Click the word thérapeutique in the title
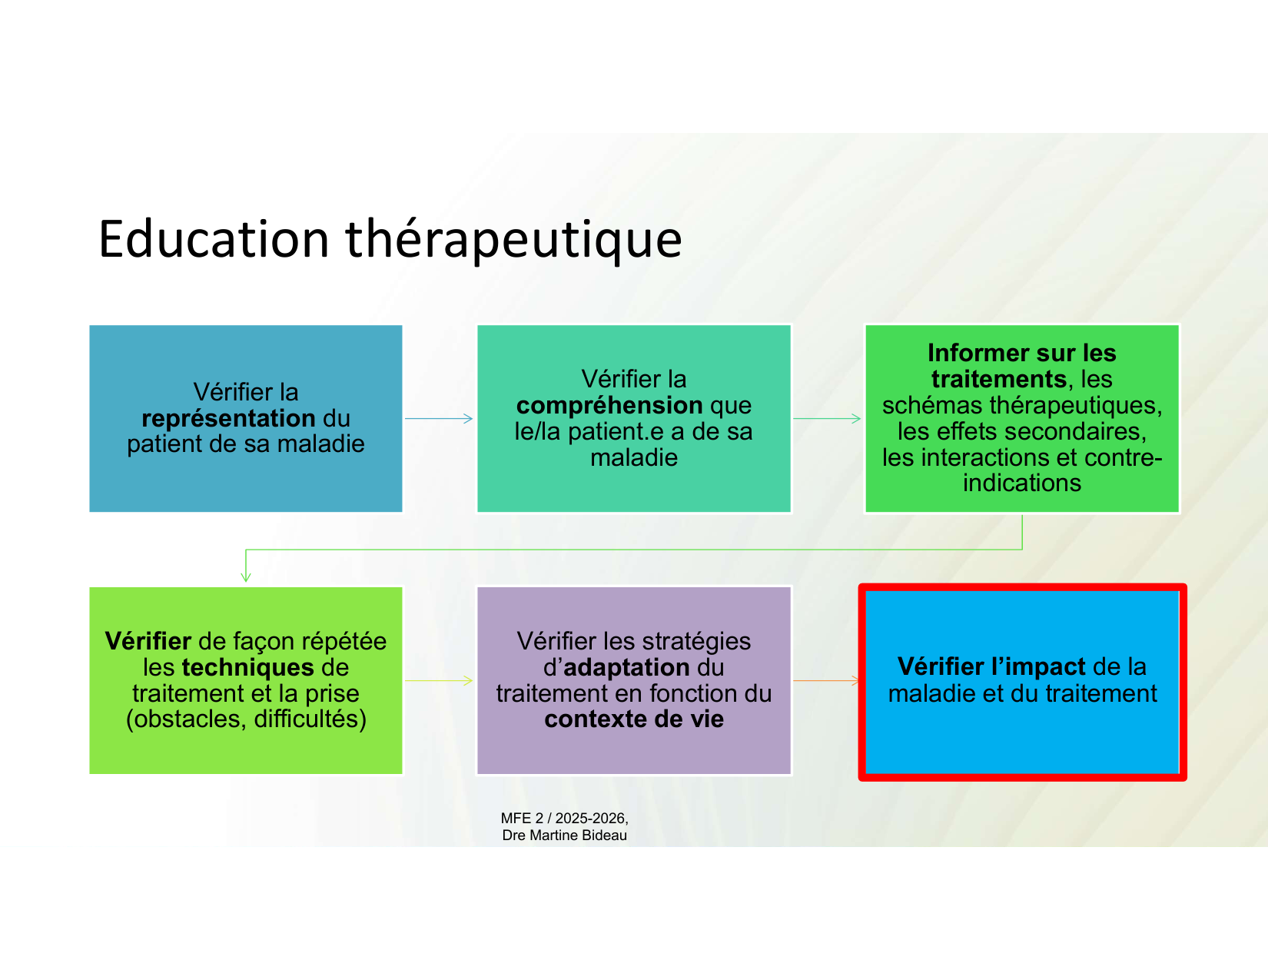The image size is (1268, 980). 513,241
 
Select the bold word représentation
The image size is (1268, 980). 228,418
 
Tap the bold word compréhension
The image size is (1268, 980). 609,405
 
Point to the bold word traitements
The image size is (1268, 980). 999,380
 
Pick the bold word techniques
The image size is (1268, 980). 248,667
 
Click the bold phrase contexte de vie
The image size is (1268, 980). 634,719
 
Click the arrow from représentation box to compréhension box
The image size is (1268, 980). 439,418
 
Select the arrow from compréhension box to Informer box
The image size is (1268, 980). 827,418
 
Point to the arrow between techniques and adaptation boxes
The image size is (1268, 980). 439,680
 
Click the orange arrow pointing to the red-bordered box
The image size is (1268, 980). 826,680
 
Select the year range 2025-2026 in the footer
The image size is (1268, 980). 590,819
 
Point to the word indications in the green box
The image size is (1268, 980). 1022,483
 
